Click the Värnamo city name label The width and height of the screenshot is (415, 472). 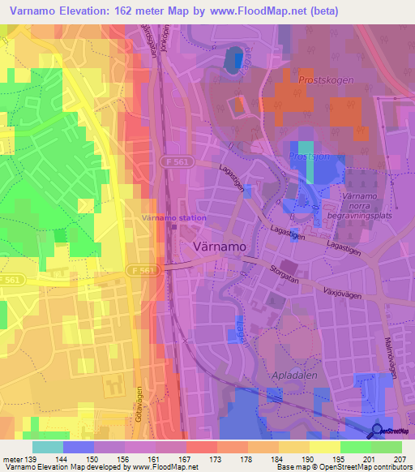[218, 247]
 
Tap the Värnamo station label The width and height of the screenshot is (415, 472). [174, 218]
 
